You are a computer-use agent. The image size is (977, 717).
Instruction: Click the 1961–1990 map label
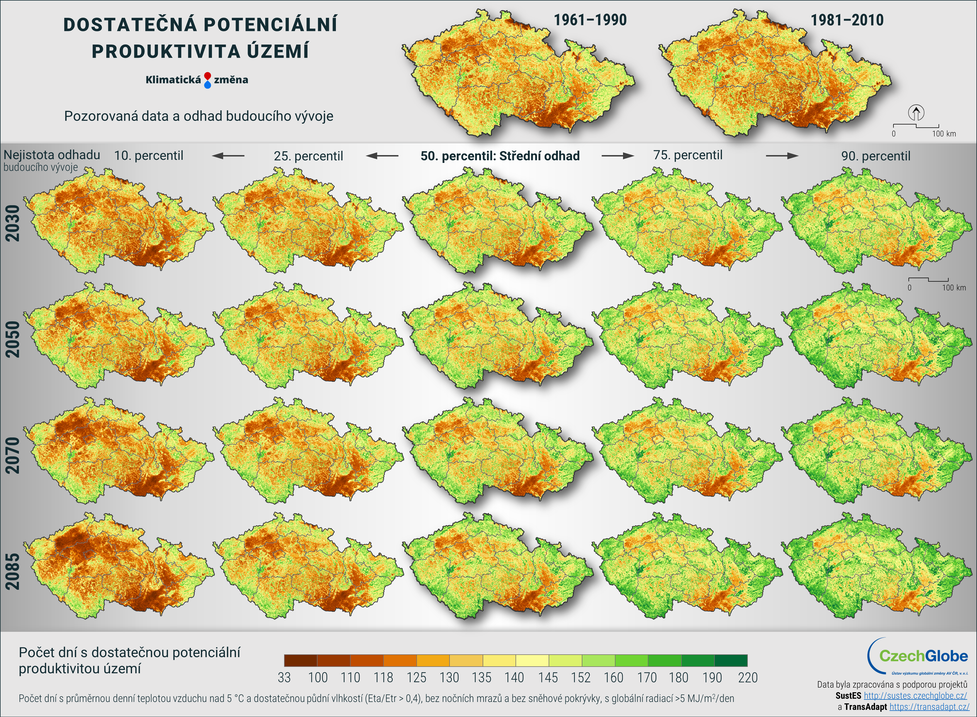(590, 20)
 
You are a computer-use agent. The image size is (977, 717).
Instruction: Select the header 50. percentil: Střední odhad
(500, 156)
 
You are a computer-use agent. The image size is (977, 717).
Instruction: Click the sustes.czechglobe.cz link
(915, 696)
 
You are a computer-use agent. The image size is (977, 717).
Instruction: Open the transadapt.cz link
(929, 707)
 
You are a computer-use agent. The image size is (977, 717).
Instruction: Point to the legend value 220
(748, 677)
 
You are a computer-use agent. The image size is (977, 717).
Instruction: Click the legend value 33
(284, 677)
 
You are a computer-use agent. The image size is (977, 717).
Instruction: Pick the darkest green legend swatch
(731, 660)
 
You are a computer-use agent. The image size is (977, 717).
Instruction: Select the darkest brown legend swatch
(300, 660)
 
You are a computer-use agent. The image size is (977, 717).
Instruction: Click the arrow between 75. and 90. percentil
(782, 155)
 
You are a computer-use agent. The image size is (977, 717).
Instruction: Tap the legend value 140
(514, 677)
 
